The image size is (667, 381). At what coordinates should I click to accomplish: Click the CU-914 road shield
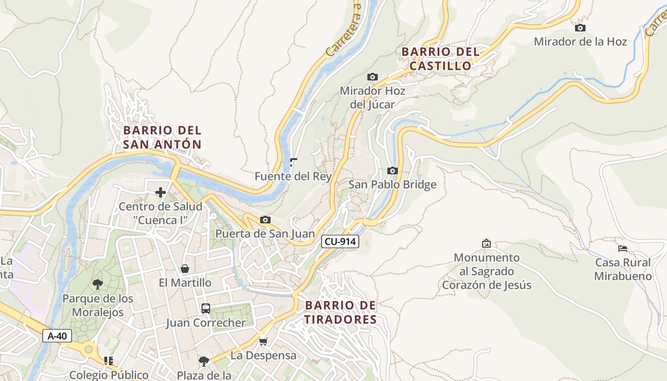[340, 241]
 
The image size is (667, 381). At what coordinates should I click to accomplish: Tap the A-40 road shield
[57, 336]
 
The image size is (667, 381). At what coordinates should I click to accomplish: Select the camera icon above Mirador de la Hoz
[580, 28]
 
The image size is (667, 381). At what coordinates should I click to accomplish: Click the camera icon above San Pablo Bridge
[392, 171]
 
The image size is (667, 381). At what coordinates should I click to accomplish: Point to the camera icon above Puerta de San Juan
[265, 220]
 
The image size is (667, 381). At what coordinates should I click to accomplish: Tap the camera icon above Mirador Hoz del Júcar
[372, 77]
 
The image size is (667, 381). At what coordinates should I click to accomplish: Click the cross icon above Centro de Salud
[161, 192]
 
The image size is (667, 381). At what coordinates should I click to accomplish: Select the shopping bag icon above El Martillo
[185, 269]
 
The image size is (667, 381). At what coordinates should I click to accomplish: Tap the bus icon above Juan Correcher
[205, 309]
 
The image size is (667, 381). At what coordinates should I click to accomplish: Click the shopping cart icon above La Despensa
[263, 341]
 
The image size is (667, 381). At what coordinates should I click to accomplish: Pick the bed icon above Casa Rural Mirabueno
[622, 248]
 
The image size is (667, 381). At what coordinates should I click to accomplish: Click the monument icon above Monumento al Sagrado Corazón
[486, 243]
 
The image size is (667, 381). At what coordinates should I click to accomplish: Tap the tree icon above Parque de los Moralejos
[98, 284]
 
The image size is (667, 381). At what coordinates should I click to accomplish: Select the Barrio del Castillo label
[440, 59]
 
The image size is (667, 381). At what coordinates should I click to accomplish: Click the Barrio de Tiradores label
[341, 312]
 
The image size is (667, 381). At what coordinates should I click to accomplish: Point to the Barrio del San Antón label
[162, 137]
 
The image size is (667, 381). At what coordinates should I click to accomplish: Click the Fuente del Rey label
[293, 176]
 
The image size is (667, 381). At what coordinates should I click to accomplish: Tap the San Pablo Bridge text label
[392, 184]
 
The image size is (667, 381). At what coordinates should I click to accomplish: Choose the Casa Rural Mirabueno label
[623, 269]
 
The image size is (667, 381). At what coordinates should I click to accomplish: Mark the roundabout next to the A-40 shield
[89, 350]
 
